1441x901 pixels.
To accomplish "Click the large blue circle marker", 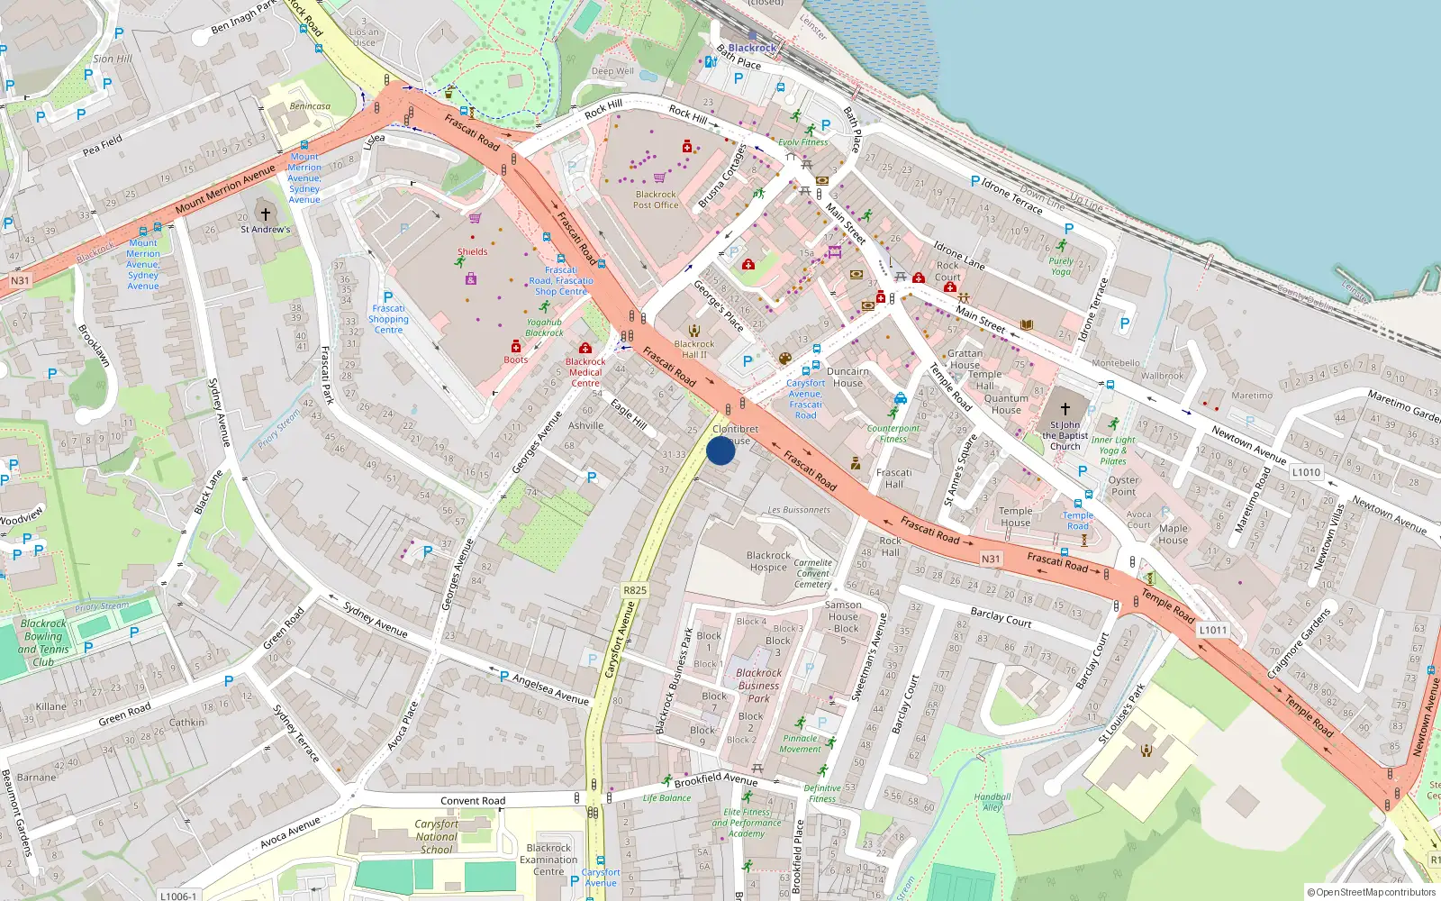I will tap(720, 450).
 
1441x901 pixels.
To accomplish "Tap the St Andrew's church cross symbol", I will tap(265, 214).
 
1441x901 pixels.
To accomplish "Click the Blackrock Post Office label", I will tap(656, 199).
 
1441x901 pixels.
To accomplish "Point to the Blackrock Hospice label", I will tap(768, 561).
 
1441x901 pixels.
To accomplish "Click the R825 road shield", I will tap(635, 590).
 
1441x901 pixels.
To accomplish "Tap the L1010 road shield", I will tap(1306, 472).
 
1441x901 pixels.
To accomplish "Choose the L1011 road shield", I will tap(1213, 630).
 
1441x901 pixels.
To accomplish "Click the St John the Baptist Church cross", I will tap(1065, 408).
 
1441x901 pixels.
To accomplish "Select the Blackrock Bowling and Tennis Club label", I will tap(43, 642).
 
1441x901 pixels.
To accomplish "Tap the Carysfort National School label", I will tap(437, 836).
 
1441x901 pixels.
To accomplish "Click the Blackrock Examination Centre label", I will tap(548, 860).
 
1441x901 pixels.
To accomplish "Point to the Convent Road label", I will tap(473, 801).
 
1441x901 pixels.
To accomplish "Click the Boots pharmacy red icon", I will tap(516, 346).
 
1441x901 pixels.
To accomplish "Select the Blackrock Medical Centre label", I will tap(585, 372).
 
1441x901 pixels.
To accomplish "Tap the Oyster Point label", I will tap(1123, 486).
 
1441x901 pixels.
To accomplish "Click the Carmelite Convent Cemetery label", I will tap(813, 573).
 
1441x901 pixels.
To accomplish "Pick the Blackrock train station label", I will tap(752, 48).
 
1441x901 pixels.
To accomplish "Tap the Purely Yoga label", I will tap(1061, 266).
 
